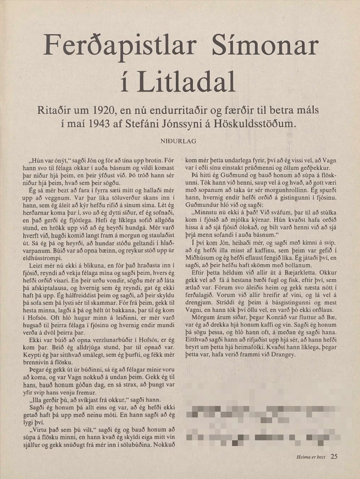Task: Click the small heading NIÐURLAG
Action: click(x=180, y=141)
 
